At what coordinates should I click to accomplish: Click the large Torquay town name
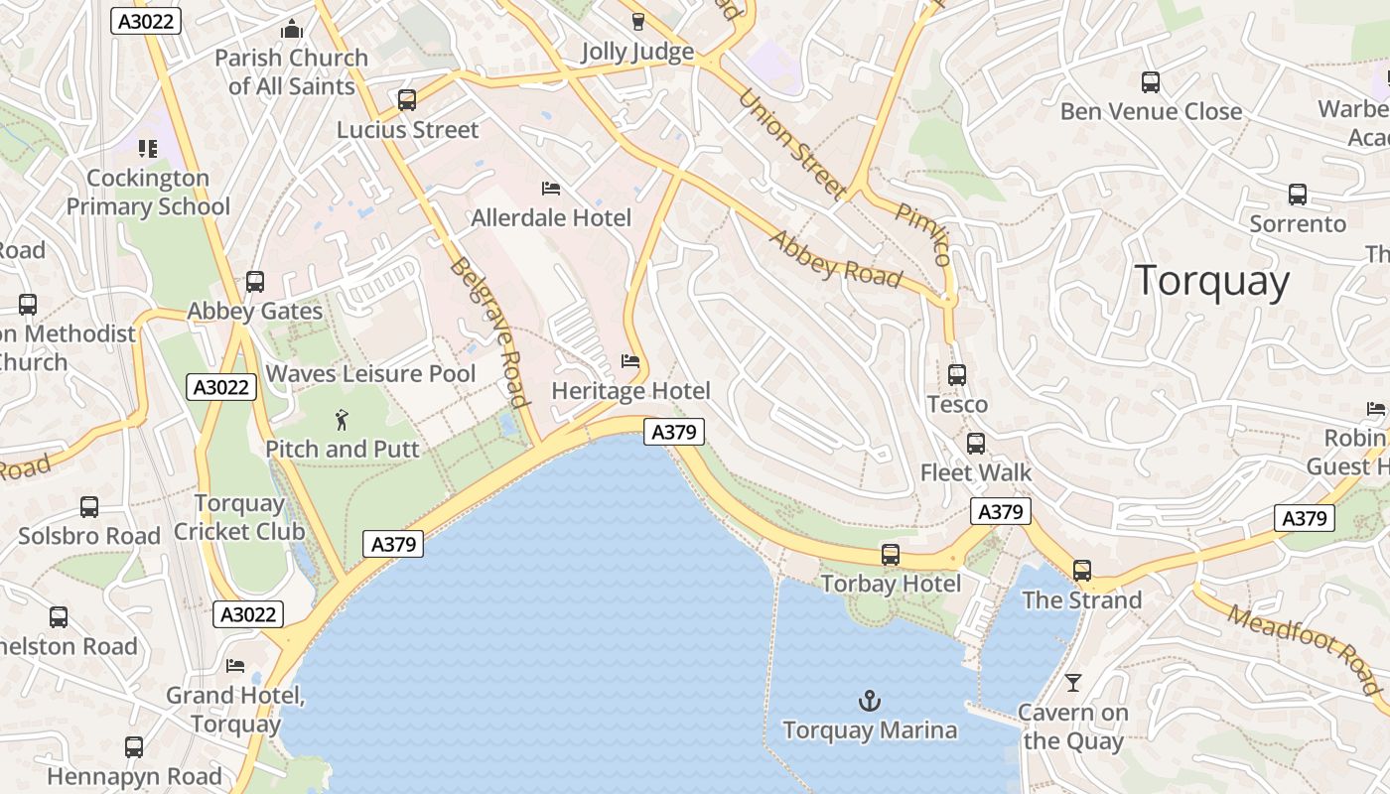pyautogui.click(x=1211, y=281)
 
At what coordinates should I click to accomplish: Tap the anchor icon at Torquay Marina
pyautogui.click(x=869, y=702)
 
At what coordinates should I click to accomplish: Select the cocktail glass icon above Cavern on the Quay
pyautogui.click(x=1072, y=683)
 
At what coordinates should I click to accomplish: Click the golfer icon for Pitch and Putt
pyautogui.click(x=343, y=420)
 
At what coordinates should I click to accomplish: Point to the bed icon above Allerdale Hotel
pyautogui.click(x=551, y=189)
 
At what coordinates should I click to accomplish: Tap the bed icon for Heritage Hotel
pyautogui.click(x=630, y=361)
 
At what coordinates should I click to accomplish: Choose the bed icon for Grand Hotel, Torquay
pyautogui.click(x=235, y=666)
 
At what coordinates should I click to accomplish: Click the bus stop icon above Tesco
pyautogui.click(x=957, y=375)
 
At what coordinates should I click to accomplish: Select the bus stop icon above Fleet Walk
pyautogui.click(x=976, y=444)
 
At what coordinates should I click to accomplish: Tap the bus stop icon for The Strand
pyautogui.click(x=1082, y=571)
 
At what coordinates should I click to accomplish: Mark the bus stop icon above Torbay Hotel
pyautogui.click(x=891, y=555)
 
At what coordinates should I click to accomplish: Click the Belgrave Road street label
pyautogui.click(x=486, y=332)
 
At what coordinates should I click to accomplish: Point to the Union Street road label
pyautogui.click(x=792, y=144)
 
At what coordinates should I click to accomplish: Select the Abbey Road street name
pyautogui.click(x=835, y=260)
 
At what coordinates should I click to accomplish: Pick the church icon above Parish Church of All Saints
pyautogui.click(x=291, y=30)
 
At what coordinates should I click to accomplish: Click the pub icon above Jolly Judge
pyautogui.click(x=637, y=22)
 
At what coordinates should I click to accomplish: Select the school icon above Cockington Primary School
pyautogui.click(x=148, y=150)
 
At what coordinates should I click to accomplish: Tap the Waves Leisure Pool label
pyautogui.click(x=371, y=374)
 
